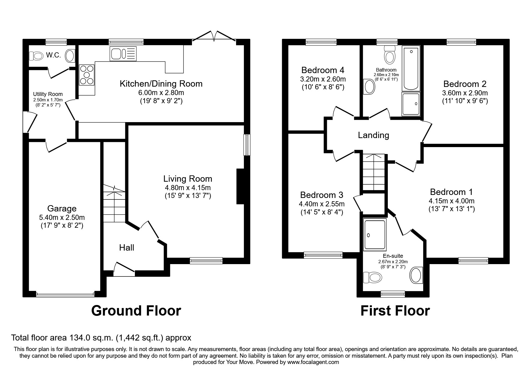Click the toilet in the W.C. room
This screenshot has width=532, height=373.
tap(36, 56)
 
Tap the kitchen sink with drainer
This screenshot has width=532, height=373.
tap(123, 54)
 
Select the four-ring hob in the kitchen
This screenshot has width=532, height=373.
tap(87, 75)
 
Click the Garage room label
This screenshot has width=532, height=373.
tap(62, 208)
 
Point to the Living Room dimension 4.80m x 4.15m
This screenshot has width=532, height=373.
tap(188, 188)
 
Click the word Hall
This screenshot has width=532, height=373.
tap(126, 248)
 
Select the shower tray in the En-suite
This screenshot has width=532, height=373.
tap(375, 235)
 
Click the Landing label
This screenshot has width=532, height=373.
tap(373, 135)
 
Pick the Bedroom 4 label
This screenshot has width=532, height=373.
tap(323, 70)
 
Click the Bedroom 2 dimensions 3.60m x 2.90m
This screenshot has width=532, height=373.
tap(465, 93)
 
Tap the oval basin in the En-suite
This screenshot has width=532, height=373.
tap(416, 275)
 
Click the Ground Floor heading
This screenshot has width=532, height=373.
tap(136, 310)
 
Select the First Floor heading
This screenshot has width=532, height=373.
tap(395, 310)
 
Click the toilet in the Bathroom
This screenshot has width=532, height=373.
tap(390, 55)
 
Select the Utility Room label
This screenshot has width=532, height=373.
tap(48, 94)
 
